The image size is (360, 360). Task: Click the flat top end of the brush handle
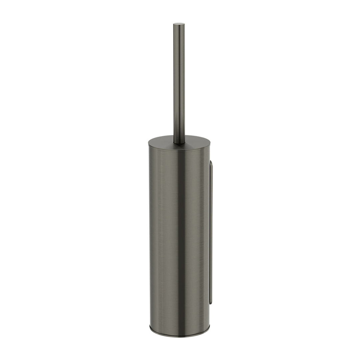[179, 24]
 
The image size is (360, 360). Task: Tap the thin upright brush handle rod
[179, 83]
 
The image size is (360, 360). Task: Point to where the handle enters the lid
[179, 142]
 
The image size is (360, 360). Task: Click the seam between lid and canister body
[179, 149]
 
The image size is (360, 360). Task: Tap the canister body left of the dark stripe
[163, 233]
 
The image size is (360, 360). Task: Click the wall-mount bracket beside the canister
[211, 233]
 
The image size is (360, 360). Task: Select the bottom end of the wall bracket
[211, 303]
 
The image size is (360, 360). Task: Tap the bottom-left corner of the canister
[150, 328]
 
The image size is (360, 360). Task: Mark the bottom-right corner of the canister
[209, 328]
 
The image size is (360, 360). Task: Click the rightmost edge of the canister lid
[210, 142]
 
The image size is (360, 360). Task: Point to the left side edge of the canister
[150, 233]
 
